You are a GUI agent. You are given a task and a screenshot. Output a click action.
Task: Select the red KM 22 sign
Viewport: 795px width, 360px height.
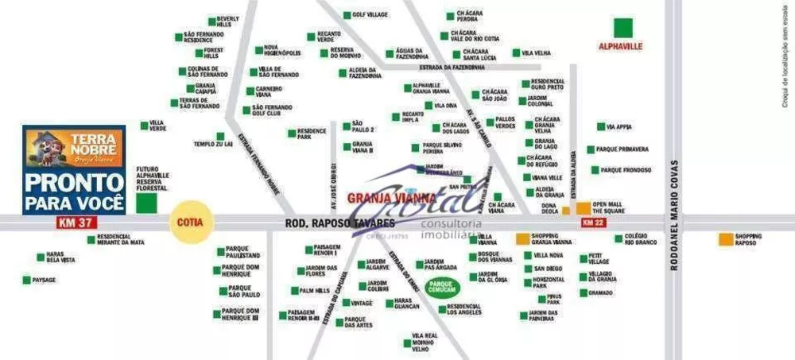tap(595, 223)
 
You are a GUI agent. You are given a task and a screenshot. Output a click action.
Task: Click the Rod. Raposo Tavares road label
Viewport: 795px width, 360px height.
tap(329, 224)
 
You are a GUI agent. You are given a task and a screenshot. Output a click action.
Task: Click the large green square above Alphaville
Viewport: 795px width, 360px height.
tap(622, 26)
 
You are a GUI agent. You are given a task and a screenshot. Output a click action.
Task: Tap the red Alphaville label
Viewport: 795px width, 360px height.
tap(619, 46)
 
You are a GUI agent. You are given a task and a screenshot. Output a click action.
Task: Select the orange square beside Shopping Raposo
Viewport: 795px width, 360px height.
tap(725, 238)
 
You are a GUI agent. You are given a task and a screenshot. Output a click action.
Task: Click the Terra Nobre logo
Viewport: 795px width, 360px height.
tap(74, 148)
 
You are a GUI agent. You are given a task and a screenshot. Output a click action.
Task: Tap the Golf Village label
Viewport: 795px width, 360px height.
tap(370, 15)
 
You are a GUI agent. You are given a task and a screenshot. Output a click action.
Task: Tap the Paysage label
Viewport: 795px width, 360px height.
tap(45, 280)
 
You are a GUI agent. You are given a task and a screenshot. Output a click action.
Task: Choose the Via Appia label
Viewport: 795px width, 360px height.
tap(619, 126)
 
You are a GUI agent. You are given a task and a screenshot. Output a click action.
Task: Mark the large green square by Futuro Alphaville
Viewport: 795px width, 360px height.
tap(145, 202)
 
